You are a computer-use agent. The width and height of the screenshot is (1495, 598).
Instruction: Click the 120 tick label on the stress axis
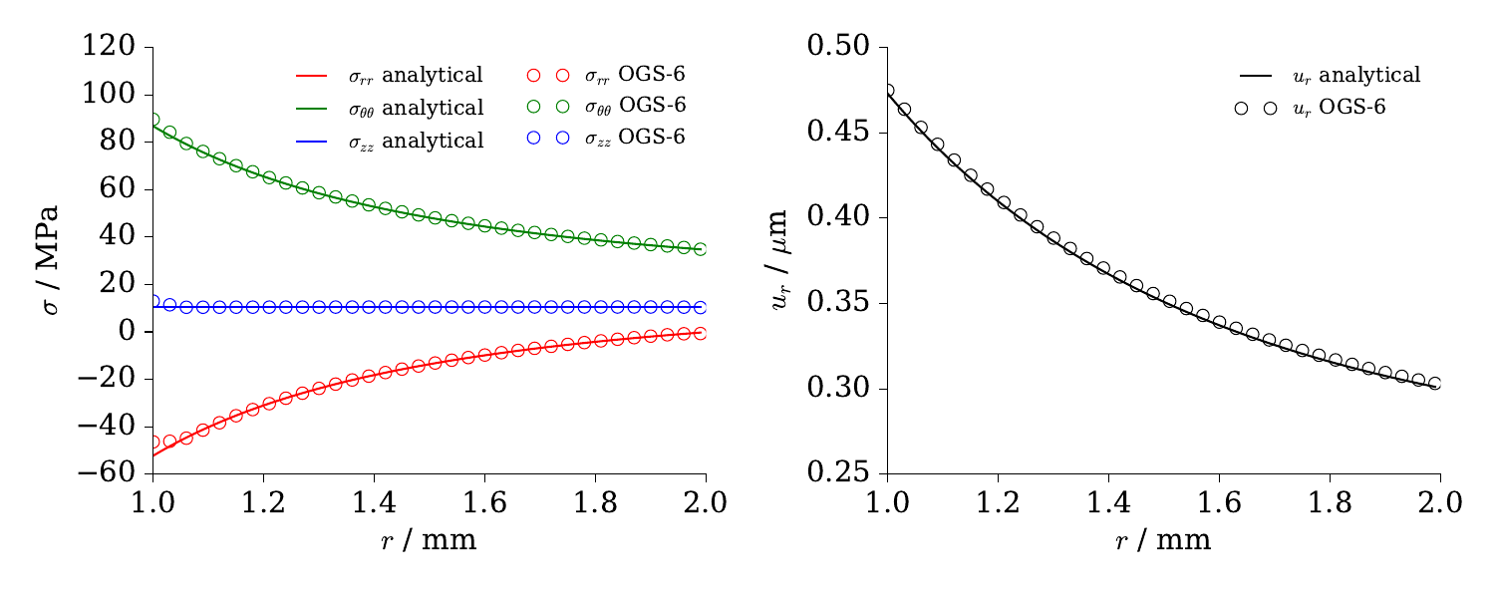112,47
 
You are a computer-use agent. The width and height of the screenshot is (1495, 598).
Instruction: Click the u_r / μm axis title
784,260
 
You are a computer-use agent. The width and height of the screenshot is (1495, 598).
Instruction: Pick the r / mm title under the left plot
429,540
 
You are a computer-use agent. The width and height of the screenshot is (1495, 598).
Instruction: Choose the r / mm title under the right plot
1163,540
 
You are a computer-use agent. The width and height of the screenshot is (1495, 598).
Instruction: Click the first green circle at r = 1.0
152,120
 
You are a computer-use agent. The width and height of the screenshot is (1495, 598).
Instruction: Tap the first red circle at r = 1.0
152,442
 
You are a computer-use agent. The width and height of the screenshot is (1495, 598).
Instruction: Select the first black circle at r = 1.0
887,91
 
